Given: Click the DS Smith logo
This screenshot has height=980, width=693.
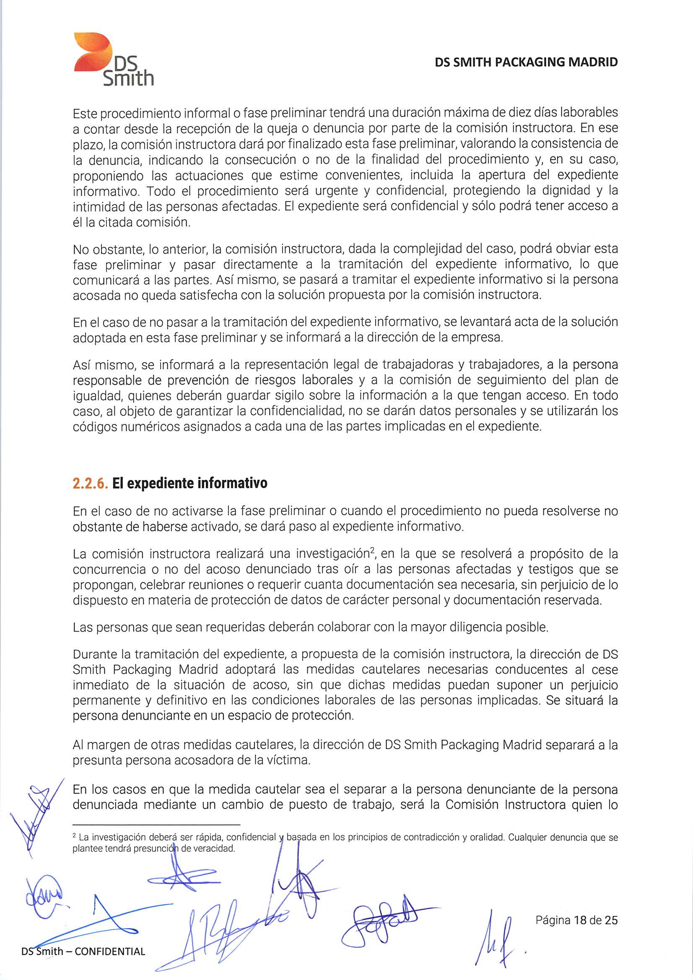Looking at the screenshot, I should click(113, 60).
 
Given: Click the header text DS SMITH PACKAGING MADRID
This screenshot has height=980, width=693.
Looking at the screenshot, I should click(526, 62).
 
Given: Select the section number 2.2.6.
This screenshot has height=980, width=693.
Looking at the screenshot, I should click(90, 483).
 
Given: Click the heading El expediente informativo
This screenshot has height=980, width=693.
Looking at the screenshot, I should click(190, 483).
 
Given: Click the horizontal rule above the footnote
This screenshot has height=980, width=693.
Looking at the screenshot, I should click(157, 824).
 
